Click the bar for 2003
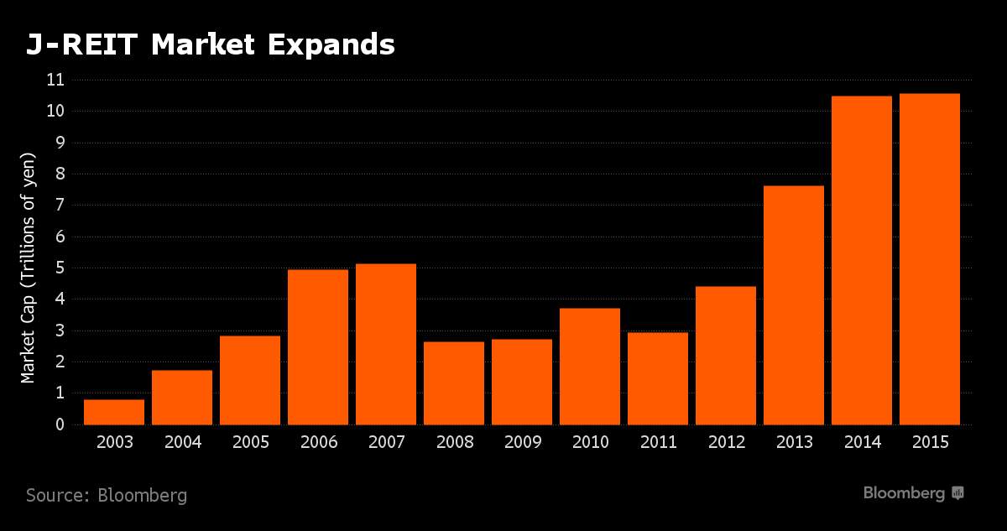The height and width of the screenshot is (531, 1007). coord(114,412)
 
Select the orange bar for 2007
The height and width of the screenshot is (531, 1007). coord(386,344)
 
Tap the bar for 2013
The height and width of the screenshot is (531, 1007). coord(793,305)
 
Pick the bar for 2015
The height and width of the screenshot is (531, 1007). coord(929,259)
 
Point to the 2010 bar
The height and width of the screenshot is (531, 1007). coord(590,367)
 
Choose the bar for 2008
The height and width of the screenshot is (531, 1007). coord(454,383)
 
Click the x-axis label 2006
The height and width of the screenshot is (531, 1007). coord(318,442)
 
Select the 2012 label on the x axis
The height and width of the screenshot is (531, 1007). coord(726,442)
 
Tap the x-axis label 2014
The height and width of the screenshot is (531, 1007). coord(862,442)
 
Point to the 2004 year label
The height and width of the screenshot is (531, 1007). coord(182,442)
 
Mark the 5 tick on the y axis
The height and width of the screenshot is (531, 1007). coord(60,268)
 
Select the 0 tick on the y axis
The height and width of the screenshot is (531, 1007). coord(60,425)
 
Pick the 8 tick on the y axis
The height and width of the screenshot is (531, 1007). coord(60,174)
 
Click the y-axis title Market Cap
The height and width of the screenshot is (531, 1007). coord(29,268)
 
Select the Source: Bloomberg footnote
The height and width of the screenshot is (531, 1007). coord(107,496)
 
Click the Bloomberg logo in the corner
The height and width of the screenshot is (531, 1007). coord(913,493)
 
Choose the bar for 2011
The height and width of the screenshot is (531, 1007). coord(658,379)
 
